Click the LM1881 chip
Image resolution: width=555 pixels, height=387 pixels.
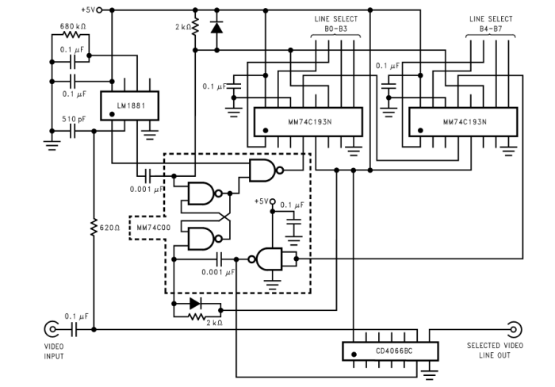[129, 104]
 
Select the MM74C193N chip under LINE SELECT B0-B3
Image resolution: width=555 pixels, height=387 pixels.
[308, 121]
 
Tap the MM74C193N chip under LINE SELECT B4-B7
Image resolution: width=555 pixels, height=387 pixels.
[463, 121]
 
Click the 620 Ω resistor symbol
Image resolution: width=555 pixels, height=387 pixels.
[94, 228]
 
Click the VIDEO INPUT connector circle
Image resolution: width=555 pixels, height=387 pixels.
[52, 329]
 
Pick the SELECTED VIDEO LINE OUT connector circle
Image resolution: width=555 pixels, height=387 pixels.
[514, 329]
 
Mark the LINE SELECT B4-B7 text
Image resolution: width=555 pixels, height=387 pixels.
[491, 23]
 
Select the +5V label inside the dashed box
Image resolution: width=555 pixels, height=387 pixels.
[261, 201]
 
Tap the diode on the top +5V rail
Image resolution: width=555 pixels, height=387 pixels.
[216, 26]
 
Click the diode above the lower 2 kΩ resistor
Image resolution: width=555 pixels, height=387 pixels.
[195, 303]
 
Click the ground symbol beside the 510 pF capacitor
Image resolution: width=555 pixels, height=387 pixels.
[51, 144]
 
